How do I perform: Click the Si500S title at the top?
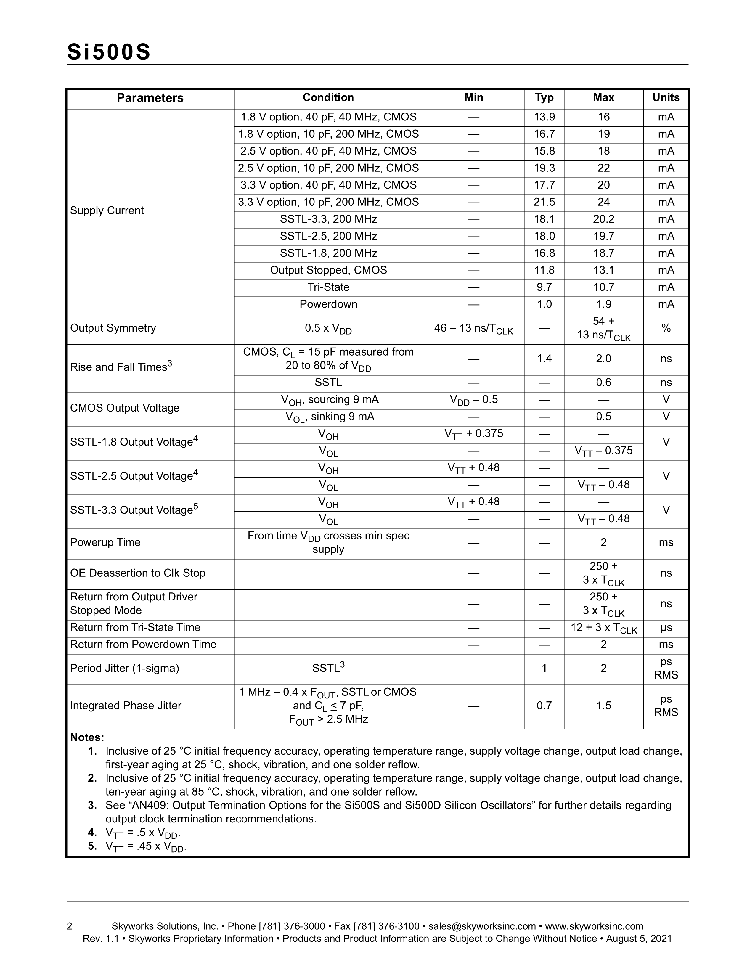click(109, 52)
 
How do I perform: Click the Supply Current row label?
click(107, 211)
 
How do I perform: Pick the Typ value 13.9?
click(544, 117)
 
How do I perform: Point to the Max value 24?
click(603, 202)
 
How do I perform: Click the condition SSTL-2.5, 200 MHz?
click(328, 236)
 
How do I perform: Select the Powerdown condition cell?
click(328, 304)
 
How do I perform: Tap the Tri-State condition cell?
click(328, 287)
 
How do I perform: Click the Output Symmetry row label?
click(113, 328)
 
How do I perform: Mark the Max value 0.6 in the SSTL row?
click(603, 383)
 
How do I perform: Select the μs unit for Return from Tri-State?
click(666, 628)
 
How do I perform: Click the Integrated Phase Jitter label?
click(126, 706)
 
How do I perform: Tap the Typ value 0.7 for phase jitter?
click(544, 706)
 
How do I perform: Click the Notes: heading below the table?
click(87, 737)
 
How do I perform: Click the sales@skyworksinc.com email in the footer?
click(482, 926)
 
